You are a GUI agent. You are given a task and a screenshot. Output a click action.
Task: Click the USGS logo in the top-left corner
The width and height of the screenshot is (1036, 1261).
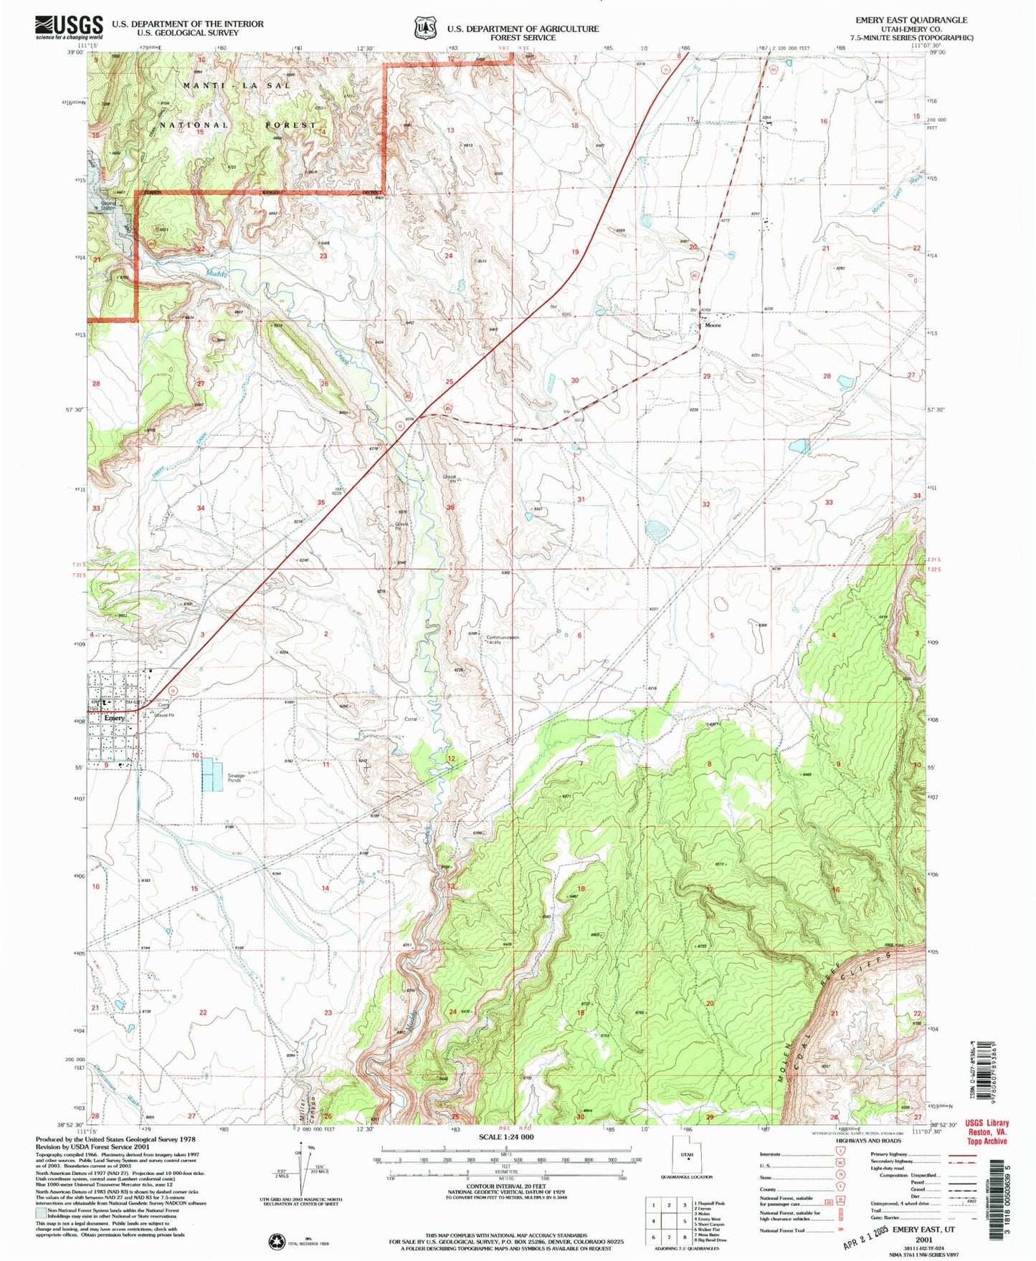68,27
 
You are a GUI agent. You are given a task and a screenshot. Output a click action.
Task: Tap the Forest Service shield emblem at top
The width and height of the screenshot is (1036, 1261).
425,28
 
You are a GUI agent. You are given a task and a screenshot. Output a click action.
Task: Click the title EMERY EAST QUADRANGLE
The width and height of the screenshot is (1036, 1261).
911,20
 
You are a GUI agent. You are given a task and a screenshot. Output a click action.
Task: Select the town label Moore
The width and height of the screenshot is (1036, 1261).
713,325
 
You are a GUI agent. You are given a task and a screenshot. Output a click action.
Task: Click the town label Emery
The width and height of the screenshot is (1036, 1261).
114,717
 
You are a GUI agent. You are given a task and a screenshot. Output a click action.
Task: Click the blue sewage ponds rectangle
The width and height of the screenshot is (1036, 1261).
212,775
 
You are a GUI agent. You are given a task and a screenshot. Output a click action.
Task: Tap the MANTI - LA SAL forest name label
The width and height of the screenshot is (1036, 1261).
237,85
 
